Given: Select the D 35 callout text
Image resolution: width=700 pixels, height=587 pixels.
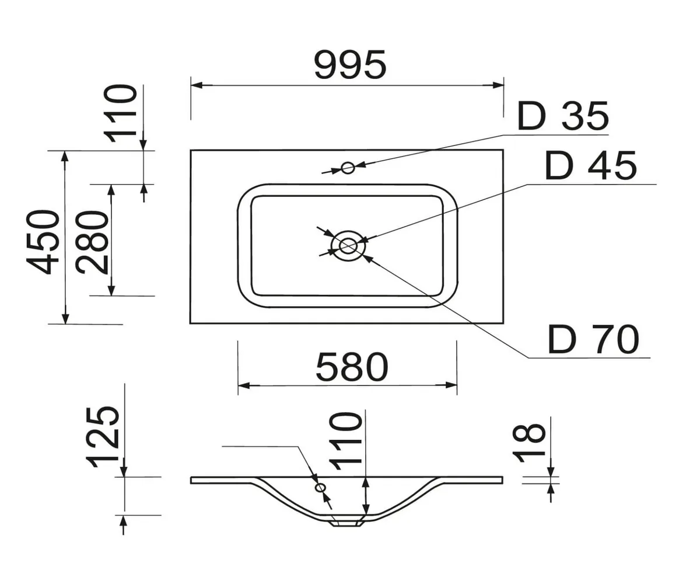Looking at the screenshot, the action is click(563, 116).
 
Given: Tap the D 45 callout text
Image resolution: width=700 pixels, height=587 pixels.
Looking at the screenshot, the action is click(591, 165).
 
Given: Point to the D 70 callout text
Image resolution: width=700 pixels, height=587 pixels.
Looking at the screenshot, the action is click(593, 339).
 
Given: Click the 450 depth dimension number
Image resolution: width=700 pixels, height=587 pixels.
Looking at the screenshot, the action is click(43, 242).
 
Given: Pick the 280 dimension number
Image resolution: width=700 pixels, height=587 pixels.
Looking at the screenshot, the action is click(92, 242).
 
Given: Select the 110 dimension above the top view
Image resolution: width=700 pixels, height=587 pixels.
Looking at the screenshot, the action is click(120, 113).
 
